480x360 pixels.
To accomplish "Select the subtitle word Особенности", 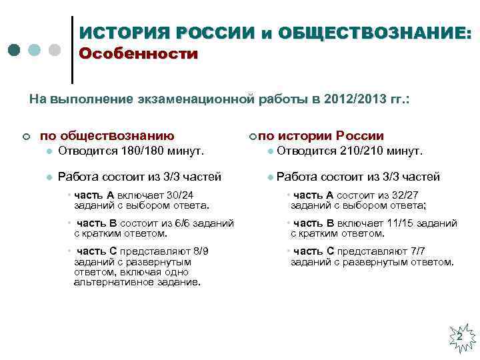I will tap(138, 54).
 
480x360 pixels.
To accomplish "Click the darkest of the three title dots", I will tap(15, 50).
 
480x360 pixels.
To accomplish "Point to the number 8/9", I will tap(198, 251).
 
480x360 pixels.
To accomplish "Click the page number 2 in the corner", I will tap(459, 337).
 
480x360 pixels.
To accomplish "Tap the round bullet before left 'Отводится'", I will tap(49, 152).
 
